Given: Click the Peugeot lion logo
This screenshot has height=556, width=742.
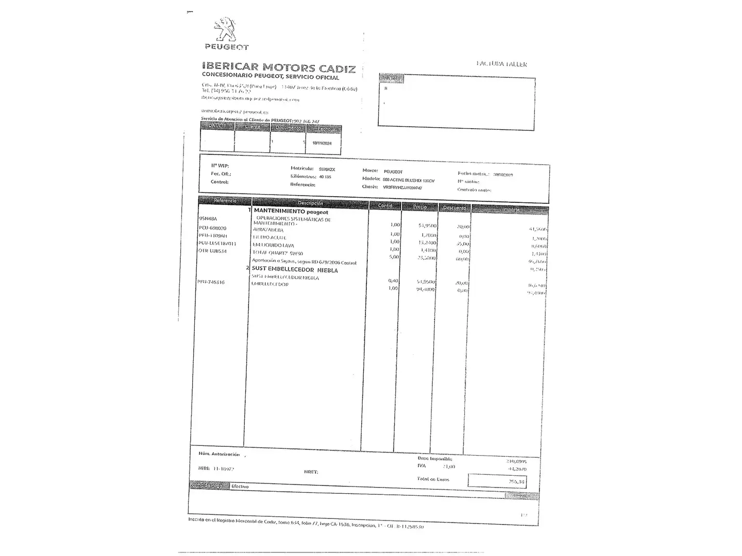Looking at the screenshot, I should (x=225, y=30).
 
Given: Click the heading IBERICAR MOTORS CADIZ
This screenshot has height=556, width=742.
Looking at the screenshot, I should (x=279, y=67).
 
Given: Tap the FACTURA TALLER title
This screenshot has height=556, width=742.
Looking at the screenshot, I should (x=501, y=64).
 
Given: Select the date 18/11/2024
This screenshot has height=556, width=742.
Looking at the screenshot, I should (x=322, y=143).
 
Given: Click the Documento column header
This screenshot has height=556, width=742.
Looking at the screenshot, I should (x=288, y=128).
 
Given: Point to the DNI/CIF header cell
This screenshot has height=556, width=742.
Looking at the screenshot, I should (x=217, y=126).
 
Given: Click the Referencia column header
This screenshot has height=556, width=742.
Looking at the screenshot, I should (x=225, y=200).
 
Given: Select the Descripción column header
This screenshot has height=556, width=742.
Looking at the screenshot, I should (x=310, y=203).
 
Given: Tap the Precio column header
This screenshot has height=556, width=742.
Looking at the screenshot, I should (x=419, y=206).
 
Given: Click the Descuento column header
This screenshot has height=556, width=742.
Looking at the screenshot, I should (x=454, y=207).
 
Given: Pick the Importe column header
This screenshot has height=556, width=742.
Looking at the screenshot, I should (x=510, y=209).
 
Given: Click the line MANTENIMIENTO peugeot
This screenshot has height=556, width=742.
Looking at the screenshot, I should (x=291, y=212).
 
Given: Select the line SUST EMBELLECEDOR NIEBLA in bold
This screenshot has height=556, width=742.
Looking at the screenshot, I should (x=295, y=270).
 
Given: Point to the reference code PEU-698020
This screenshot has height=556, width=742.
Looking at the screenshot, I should (x=212, y=228).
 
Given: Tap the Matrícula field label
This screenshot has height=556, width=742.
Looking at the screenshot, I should (x=302, y=168).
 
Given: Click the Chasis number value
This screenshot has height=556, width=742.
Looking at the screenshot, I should (x=402, y=188).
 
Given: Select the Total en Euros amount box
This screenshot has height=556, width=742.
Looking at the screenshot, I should (x=497, y=481).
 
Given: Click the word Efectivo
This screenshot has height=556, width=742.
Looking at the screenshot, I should (x=240, y=486).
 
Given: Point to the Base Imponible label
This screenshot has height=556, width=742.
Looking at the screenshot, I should (x=434, y=458).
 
